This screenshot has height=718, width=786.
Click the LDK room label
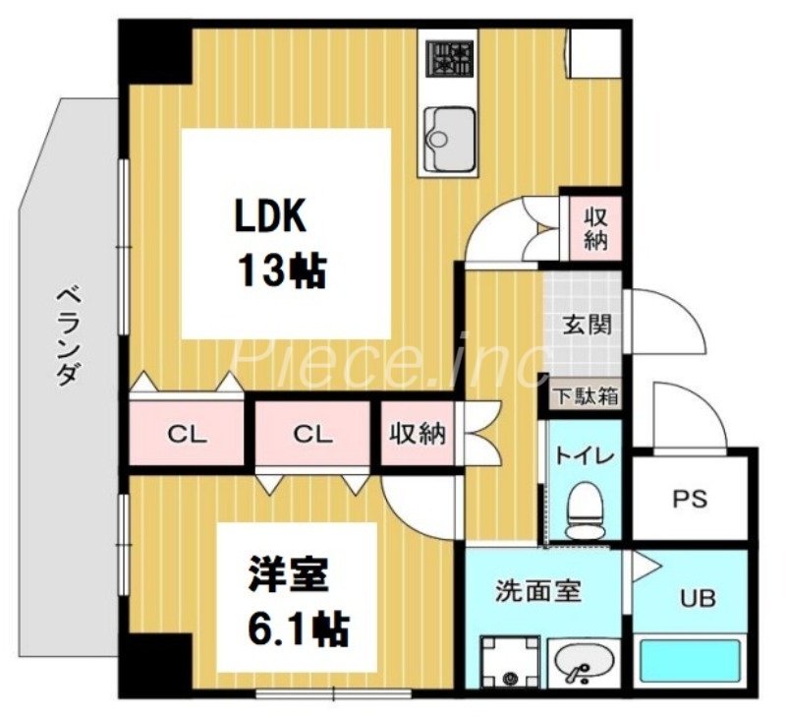(x=270, y=215)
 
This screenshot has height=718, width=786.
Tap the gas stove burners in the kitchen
(x=448, y=58)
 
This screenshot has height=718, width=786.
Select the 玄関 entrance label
(x=584, y=326)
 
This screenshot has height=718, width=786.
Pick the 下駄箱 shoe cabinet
(x=584, y=396)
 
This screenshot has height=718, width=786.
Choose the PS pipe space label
(x=690, y=499)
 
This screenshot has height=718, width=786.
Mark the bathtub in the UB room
(x=690, y=660)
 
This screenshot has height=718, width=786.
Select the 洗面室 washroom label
(x=537, y=592)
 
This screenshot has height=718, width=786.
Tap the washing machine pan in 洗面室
(x=509, y=665)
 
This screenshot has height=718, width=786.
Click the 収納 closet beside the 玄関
(x=595, y=228)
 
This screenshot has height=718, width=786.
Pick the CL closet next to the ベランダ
(x=186, y=434)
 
